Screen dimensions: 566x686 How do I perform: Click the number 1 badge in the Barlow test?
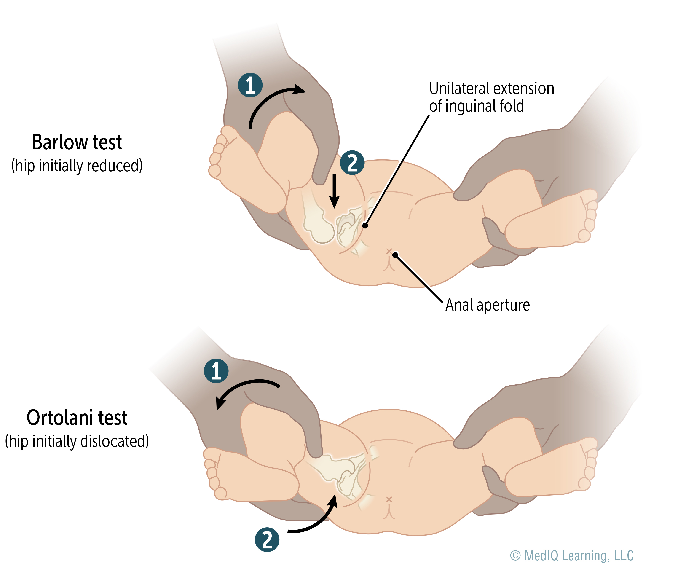250,85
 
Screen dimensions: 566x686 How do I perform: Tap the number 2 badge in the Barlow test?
352,162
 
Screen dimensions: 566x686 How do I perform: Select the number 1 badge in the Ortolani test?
216,371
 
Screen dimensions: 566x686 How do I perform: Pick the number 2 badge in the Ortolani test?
267,540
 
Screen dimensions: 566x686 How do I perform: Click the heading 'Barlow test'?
77,142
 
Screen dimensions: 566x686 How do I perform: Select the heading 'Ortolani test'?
77,418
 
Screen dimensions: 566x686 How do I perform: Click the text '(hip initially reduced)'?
77,166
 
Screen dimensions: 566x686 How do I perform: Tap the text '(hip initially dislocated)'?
77,441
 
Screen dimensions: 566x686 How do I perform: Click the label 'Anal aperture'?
488,305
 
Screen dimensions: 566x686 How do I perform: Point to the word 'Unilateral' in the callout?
459,88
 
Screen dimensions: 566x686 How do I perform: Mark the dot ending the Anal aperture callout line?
395,255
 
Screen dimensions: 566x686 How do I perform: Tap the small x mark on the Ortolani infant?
389,499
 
